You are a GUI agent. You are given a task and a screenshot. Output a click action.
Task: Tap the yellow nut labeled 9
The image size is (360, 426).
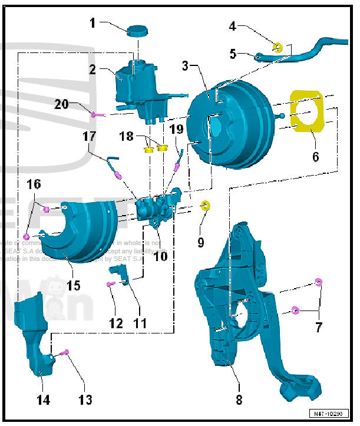coord(206,206)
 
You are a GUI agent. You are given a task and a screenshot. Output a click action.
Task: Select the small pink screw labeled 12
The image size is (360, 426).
coord(110,284)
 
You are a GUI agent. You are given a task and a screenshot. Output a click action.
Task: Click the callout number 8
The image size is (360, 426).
coord(239,400)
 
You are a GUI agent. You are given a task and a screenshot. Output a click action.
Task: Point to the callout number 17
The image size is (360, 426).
coord(89,137)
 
